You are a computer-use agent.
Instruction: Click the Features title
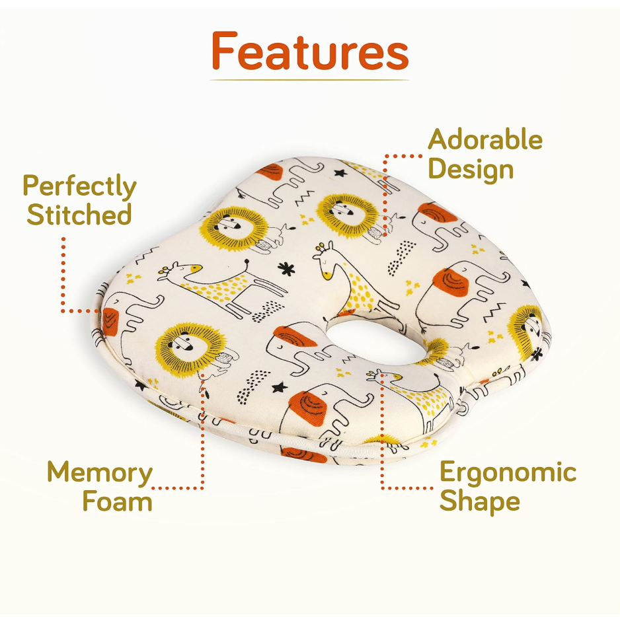309,51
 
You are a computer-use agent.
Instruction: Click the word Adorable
485,140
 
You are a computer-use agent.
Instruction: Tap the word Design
471,169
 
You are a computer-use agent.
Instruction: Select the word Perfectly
79,188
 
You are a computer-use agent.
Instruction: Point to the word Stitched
79,215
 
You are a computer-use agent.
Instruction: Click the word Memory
99,473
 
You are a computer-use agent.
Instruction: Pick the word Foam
117,501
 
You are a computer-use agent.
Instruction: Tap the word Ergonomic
508,473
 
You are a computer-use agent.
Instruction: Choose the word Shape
480,501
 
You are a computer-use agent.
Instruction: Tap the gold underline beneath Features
309,80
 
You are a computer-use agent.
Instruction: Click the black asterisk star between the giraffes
286,268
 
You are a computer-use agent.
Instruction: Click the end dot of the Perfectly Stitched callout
96,310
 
